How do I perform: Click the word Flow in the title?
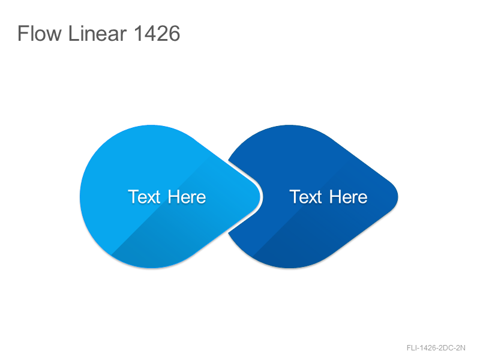pyautogui.click(x=40, y=34)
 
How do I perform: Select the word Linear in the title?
pyautogui.click(x=97, y=34)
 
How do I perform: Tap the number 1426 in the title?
pyautogui.click(x=157, y=34)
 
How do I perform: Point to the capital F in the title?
pyautogui.click(x=22, y=34)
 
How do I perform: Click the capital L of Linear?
pyautogui.click(x=73, y=34)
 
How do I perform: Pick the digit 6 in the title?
pyautogui.click(x=174, y=34)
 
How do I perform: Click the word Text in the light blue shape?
pyautogui.click(x=144, y=197)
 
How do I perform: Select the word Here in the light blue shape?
pyautogui.click(x=187, y=197)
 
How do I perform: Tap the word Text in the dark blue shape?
pyautogui.click(x=306, y=197)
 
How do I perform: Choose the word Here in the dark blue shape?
pyautogui.click(x=349, y=197)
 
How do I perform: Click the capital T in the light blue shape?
pyautogui.click(x=133, y=197)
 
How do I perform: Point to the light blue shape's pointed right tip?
pyautogui.click(x=260, y=197)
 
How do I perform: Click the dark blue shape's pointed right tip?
pyautogui.click(x=398, y=197)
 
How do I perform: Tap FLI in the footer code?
pyautogui.click(x=412, y=348)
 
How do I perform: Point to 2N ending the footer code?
pyautogui.click(x=461, y=348)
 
